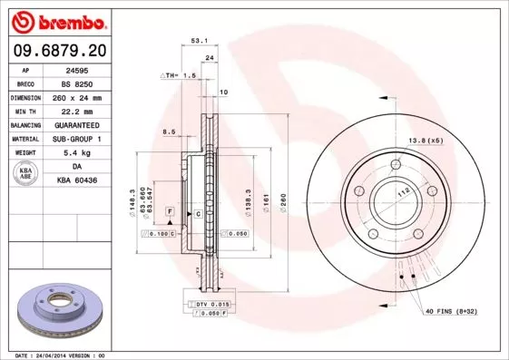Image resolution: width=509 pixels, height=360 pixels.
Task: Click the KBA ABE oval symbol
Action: (x=27, y=173)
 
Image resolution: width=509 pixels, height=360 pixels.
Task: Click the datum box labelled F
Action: (x=169, y=211)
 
